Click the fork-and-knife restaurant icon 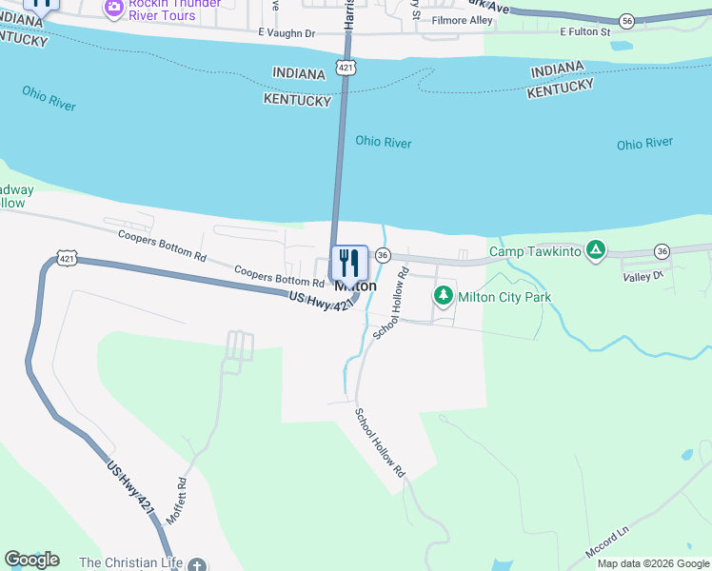pyautogui.click(x=349, y=263)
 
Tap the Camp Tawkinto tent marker pyautogui.click(x=596, y=250)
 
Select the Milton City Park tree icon pyautogui.click(x=443, y=296)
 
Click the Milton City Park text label pyautogui.click(x=504, y=298)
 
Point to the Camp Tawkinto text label pyautogui.click(x=534, y=252)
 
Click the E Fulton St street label pyautogui.click(x=584, y=31)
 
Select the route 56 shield pyautogui.click(x=625, y=20)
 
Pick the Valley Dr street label pyautogui.click(x=643, y=276)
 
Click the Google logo pyautogui.click(x=31, y=560)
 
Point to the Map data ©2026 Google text pyautogui.click(x=653, y=563)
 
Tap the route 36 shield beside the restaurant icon pyautogui.click(x=383, y=255)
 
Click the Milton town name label pyautogui.click(x=355, y=285)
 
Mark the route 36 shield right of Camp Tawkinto pyautogui.click(x=663, y=251)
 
